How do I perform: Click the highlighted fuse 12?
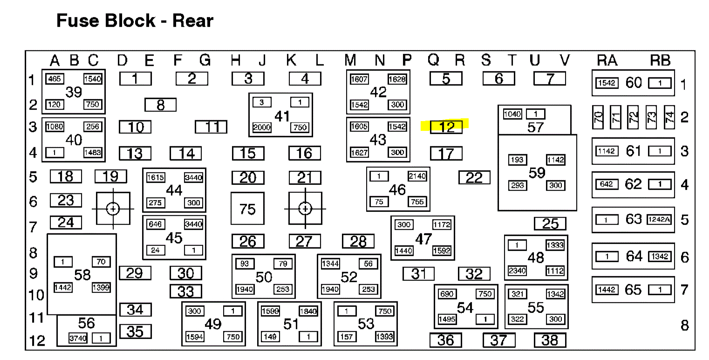click(446, 127)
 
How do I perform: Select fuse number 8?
click(160, 105)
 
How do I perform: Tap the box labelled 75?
click(247, 209)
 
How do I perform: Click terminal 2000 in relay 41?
click(262, 127)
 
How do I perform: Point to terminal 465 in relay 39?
click(55, 79)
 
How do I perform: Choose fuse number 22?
click(474, 177)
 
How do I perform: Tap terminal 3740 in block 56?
click(78, 339)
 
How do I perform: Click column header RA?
click(607, 60)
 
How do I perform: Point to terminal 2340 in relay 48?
click(517, 271)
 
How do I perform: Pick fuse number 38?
click(550, 340)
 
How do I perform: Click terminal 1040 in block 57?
click(512, 114)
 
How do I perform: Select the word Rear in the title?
click(193, 21)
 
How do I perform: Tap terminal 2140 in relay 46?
click(416, 176)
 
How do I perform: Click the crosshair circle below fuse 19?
click(113, 209)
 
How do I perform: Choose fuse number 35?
click(135, 331)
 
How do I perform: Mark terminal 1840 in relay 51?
click(308, 312)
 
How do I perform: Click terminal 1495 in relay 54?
click(447, 319)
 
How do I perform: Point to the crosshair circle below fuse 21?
click(305, 209)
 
